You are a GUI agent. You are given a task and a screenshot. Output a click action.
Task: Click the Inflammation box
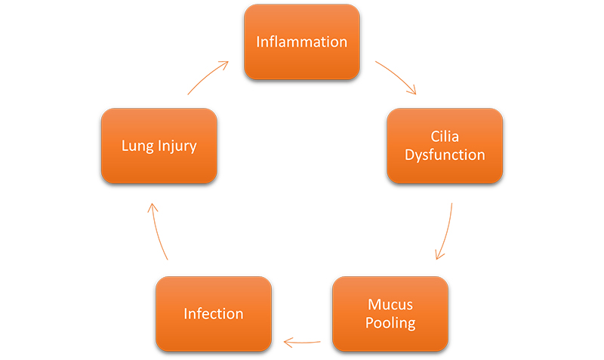[301, 42]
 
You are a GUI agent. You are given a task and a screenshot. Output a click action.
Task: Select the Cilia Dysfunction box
[445, 146]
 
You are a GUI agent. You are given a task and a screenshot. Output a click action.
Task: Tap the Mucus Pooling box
[390, 313]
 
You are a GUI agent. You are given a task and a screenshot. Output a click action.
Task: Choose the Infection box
[214, 313]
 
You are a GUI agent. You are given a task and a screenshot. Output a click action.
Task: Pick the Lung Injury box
[159, 146]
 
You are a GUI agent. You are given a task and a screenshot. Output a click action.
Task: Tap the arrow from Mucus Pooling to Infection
[302, 342]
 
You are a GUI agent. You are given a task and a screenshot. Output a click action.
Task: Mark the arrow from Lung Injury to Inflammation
[206, 76]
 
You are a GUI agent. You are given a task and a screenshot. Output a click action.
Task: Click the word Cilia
[445, 137]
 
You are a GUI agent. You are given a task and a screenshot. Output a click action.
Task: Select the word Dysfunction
[445, 155]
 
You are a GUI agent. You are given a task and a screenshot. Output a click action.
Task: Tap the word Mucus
[390, 304]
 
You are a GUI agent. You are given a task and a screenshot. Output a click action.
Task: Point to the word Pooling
[390, 323]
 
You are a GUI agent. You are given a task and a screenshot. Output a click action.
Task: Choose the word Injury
[177, 146]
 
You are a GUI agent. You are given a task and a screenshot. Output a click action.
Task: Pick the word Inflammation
[301, 42]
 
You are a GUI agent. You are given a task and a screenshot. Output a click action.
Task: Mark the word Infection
[214, 313]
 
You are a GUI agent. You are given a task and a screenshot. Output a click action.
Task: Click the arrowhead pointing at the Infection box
[288, 342]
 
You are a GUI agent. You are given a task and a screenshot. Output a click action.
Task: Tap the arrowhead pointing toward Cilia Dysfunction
[412, 91]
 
